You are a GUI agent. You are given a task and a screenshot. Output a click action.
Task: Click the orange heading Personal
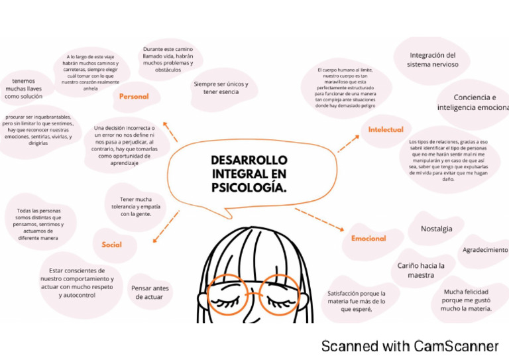point(134,97)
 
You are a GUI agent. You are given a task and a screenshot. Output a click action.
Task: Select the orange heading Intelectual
point(386,130)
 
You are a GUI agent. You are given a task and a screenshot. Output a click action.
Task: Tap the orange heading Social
point(111,245)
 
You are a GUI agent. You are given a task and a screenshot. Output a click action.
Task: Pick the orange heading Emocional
point(368,238)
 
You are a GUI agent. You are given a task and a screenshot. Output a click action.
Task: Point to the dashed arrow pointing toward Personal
point(170,131)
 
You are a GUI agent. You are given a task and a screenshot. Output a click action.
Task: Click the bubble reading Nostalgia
point(437,229)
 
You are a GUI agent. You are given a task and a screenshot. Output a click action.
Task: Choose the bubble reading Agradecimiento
point(484,250)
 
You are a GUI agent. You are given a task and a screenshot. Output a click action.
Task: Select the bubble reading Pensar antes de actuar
point(150,292)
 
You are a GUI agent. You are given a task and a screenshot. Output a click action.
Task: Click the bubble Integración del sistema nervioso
point(432,60)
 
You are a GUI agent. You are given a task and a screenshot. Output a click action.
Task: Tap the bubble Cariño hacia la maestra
point(421,270)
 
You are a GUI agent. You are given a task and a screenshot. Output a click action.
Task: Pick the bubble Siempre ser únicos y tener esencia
point(221,88)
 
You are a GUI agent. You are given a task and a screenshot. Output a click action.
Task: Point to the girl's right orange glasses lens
point(279,295)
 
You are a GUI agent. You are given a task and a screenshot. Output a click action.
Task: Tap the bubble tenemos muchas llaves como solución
point(24,88)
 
